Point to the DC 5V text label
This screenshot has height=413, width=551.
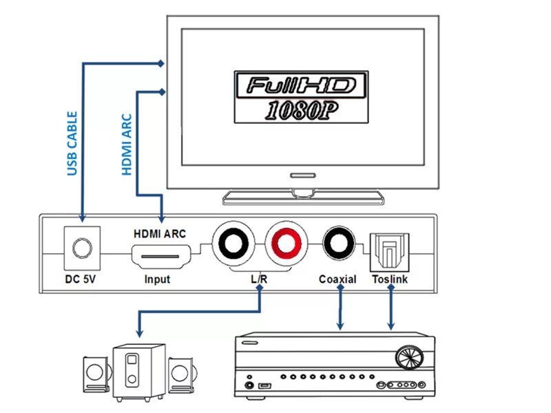point(81,279)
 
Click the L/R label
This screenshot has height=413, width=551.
point(259,279)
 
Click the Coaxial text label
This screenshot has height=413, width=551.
point(337,279)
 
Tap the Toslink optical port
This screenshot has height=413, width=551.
point(390,251)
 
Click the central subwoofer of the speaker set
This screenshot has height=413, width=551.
point(138,372)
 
